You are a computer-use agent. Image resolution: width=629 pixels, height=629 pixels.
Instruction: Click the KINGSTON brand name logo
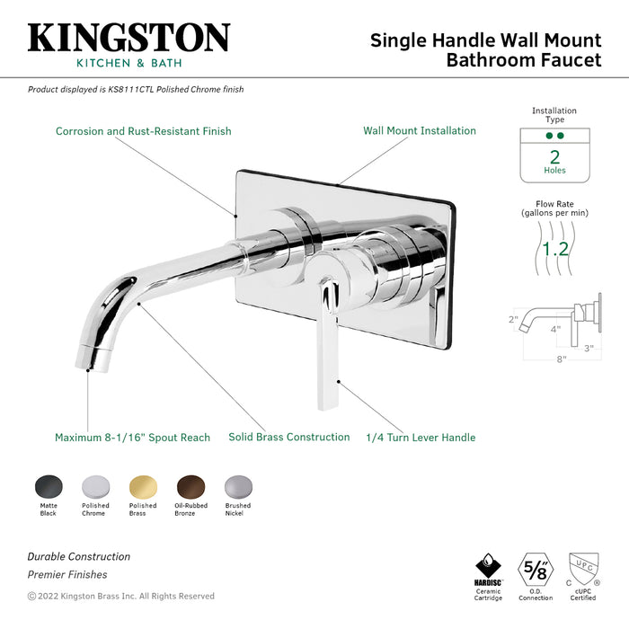[x=128, y=38]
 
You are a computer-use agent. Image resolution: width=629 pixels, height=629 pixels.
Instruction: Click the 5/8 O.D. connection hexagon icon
[x=535, y=569]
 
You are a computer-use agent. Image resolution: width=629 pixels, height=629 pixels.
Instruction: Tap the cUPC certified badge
[x=583, y=570]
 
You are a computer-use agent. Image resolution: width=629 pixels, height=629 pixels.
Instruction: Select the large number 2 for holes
[x=554, y=156]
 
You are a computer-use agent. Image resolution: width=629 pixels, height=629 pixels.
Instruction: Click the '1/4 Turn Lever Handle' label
[x=421, y=438]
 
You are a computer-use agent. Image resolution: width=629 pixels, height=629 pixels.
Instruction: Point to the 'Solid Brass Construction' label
[x=288, y=438]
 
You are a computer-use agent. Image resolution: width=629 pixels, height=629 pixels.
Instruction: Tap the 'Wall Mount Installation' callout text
[x=420, y=130]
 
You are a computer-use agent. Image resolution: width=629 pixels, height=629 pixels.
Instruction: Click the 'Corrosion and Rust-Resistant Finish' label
[x=144, y=131]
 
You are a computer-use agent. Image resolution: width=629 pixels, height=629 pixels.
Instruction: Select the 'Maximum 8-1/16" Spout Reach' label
[x=132, y=438]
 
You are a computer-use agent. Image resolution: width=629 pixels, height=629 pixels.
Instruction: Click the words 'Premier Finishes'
[x=67, y=574]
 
